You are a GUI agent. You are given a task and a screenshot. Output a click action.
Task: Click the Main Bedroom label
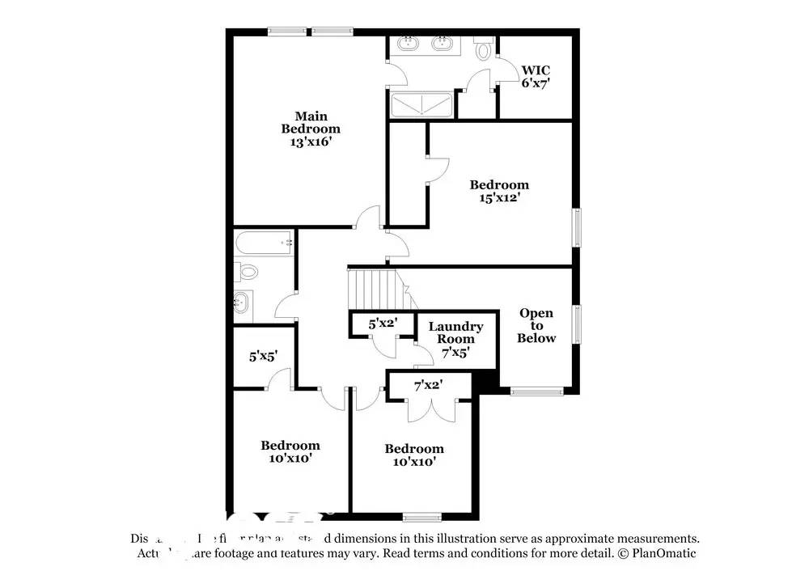coord(311,122)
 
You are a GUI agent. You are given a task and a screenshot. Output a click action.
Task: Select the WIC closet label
coord(536,70)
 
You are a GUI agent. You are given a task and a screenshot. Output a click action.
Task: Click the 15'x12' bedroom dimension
coord(499,197)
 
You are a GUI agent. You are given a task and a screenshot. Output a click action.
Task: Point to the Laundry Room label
coord(455,332)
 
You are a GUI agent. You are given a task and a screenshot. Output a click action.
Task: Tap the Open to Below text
coord(536,325)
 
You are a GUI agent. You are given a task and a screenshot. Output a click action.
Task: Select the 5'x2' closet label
coord(383,324)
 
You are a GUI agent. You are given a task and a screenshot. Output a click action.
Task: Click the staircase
coord(375,288)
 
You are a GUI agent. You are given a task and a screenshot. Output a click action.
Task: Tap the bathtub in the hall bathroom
coord(263,242)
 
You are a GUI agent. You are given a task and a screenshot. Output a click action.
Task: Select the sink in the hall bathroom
coord(243,304)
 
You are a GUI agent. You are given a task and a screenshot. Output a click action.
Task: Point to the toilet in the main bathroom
coord(484,50)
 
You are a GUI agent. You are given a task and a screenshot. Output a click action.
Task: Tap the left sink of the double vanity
coord(409,43)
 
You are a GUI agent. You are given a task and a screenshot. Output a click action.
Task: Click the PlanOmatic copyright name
coord(663,553)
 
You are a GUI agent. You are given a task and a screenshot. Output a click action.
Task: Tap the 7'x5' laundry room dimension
coord(455,353)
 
